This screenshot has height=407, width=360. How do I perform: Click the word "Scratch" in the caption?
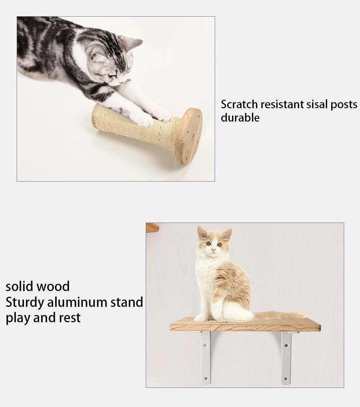[x=239, y=104]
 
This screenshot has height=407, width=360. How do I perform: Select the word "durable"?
[x=240, y=118]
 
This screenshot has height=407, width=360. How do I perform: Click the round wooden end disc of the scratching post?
[x=189, y=136]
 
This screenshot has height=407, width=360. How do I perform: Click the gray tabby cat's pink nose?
[x=121, y=81]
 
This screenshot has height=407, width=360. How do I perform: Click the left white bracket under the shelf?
[x=206, y=357]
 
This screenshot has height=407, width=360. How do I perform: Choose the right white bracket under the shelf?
[x=287, y=357]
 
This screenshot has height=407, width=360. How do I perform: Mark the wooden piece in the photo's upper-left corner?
[x=152, y=227]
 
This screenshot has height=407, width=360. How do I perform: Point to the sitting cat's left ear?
[x=202, y=232]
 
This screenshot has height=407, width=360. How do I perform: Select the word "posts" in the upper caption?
[x=344, y=104]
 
